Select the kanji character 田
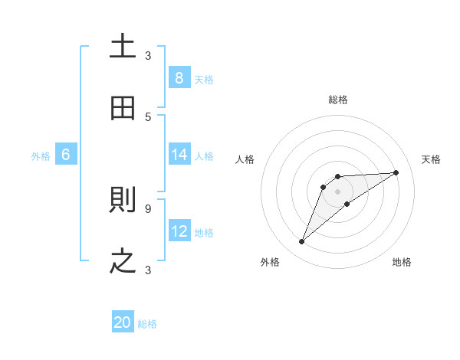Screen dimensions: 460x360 (123, 108)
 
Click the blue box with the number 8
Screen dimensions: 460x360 (179, 77)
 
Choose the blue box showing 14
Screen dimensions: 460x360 (179, 155)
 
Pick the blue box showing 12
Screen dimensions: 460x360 (179, 231)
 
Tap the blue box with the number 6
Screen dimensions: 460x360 (66, 155)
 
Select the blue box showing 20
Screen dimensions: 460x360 (123, 322)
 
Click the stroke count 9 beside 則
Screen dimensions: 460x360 (148, 208)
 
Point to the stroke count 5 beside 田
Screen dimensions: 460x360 (148, 116)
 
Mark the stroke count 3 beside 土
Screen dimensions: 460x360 (148, 55)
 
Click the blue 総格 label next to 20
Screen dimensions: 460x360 (147, 324)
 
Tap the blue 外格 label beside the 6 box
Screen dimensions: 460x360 (41, 155)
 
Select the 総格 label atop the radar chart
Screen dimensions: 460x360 (338, 100)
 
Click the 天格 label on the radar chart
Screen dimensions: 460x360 (432, 159)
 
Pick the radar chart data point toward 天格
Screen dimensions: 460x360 (396, 172)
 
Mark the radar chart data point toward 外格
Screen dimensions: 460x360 (301, 242)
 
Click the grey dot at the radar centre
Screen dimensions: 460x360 (338, 191)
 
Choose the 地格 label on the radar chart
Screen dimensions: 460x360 (402, 262)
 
